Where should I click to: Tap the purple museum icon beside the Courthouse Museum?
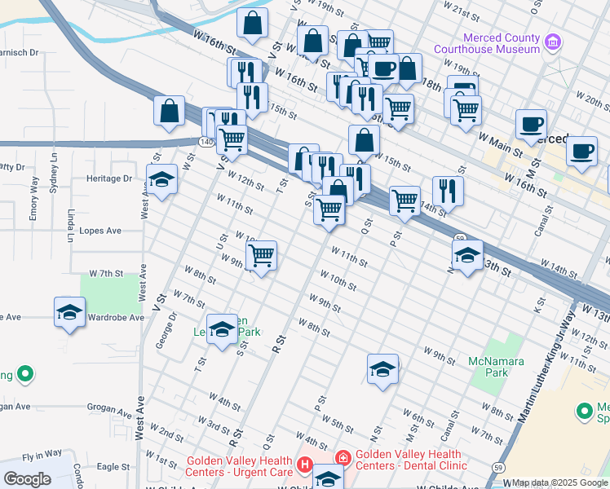point(553,41)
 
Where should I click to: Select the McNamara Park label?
point(488,367)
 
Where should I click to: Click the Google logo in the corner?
point(26,479)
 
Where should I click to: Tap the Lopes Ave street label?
point(102,231)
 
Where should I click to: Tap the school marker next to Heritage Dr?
point(161,180)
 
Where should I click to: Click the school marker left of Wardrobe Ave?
point(69,312)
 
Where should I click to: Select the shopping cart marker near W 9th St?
point(262,256)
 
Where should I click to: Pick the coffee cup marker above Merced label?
point(531,124)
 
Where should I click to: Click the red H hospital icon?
point(304,465)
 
